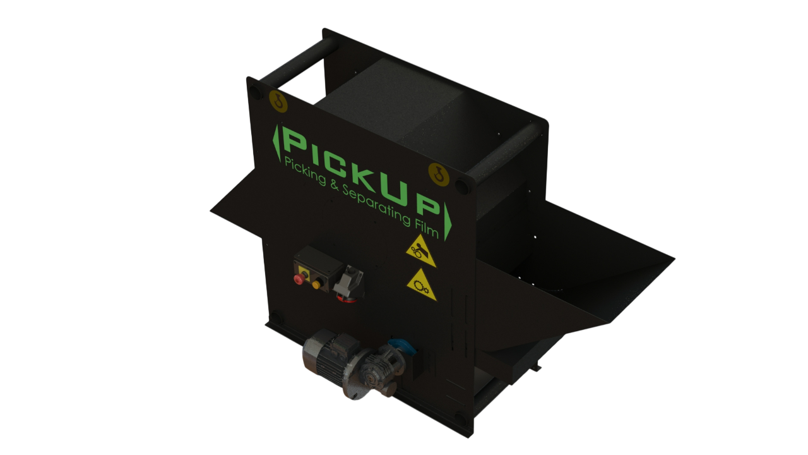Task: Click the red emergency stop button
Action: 299,279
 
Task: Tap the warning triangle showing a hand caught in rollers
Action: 420,252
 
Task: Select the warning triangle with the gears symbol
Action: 421,286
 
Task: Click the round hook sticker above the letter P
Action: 278,101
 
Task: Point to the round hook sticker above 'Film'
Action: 439,175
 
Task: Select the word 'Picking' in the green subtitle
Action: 305,172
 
